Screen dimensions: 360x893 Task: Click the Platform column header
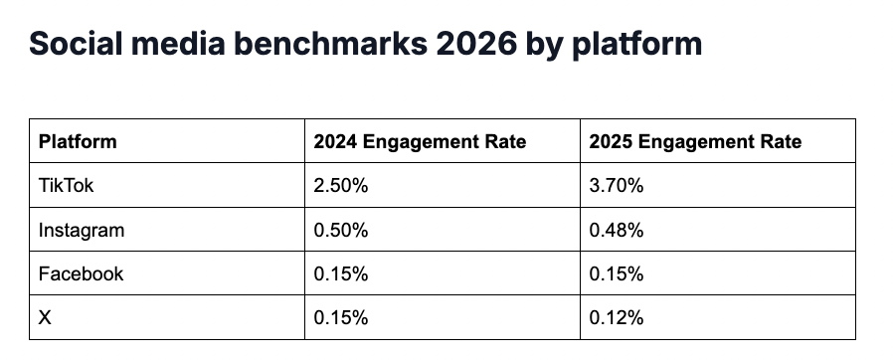click(78, 141)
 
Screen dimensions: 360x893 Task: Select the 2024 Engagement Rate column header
click(420, 141)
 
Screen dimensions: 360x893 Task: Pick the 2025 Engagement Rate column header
click(695, 141)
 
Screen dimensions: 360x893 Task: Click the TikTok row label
click(66, 185)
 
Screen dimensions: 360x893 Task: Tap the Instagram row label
click(82, 230)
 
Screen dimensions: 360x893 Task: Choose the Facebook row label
click(81, 273)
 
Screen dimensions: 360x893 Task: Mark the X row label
click(45, 318)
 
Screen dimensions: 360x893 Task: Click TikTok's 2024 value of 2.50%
click(341, 185)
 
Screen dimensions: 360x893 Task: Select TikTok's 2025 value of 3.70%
click(617, 185)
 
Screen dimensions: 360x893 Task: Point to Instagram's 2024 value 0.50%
click(341, 230)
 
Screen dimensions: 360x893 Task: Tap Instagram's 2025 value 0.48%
click(617, 230)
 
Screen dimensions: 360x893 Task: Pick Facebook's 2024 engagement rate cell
click(341, 273)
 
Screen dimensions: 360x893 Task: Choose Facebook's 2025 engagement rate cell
click(617, 273)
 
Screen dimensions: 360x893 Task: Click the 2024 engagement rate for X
click(341, 318)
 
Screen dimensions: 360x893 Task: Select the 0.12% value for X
click(617, 318)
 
